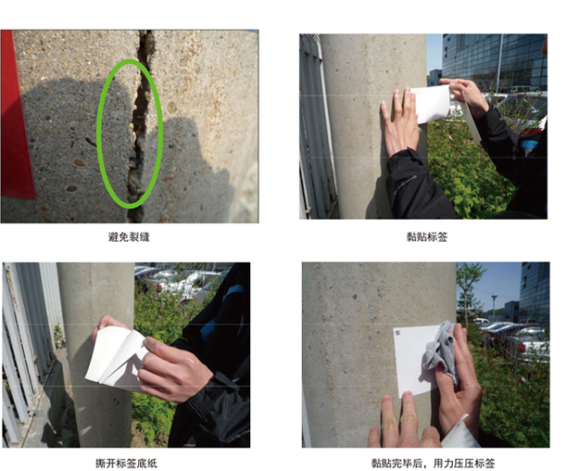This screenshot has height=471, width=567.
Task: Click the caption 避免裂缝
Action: pyautogui.click(x=129, y=237)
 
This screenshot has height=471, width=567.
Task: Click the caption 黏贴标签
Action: pyautogui.click(x=427, y=237)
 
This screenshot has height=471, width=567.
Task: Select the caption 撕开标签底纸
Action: pyautogui.click(x=127, y=463)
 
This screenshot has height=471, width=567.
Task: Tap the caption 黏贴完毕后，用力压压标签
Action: pyautogui.click(x=434, y=463)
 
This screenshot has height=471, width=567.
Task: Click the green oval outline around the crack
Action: pyautogui.click(x=97, y=134)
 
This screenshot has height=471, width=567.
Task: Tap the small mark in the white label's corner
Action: pyautogui.click(x=398, y=331)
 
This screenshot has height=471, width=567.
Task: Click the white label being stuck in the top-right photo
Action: pyautogui.click(x=430, y=104)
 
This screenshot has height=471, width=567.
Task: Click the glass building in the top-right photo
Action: pyautogui.click(x=494, y=61)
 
